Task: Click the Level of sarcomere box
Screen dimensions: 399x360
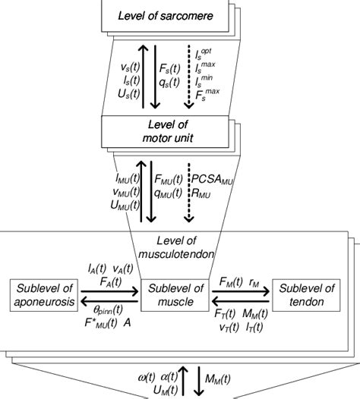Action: click(x=155, y=16)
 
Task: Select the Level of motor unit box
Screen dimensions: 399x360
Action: click(x=155, y=132)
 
